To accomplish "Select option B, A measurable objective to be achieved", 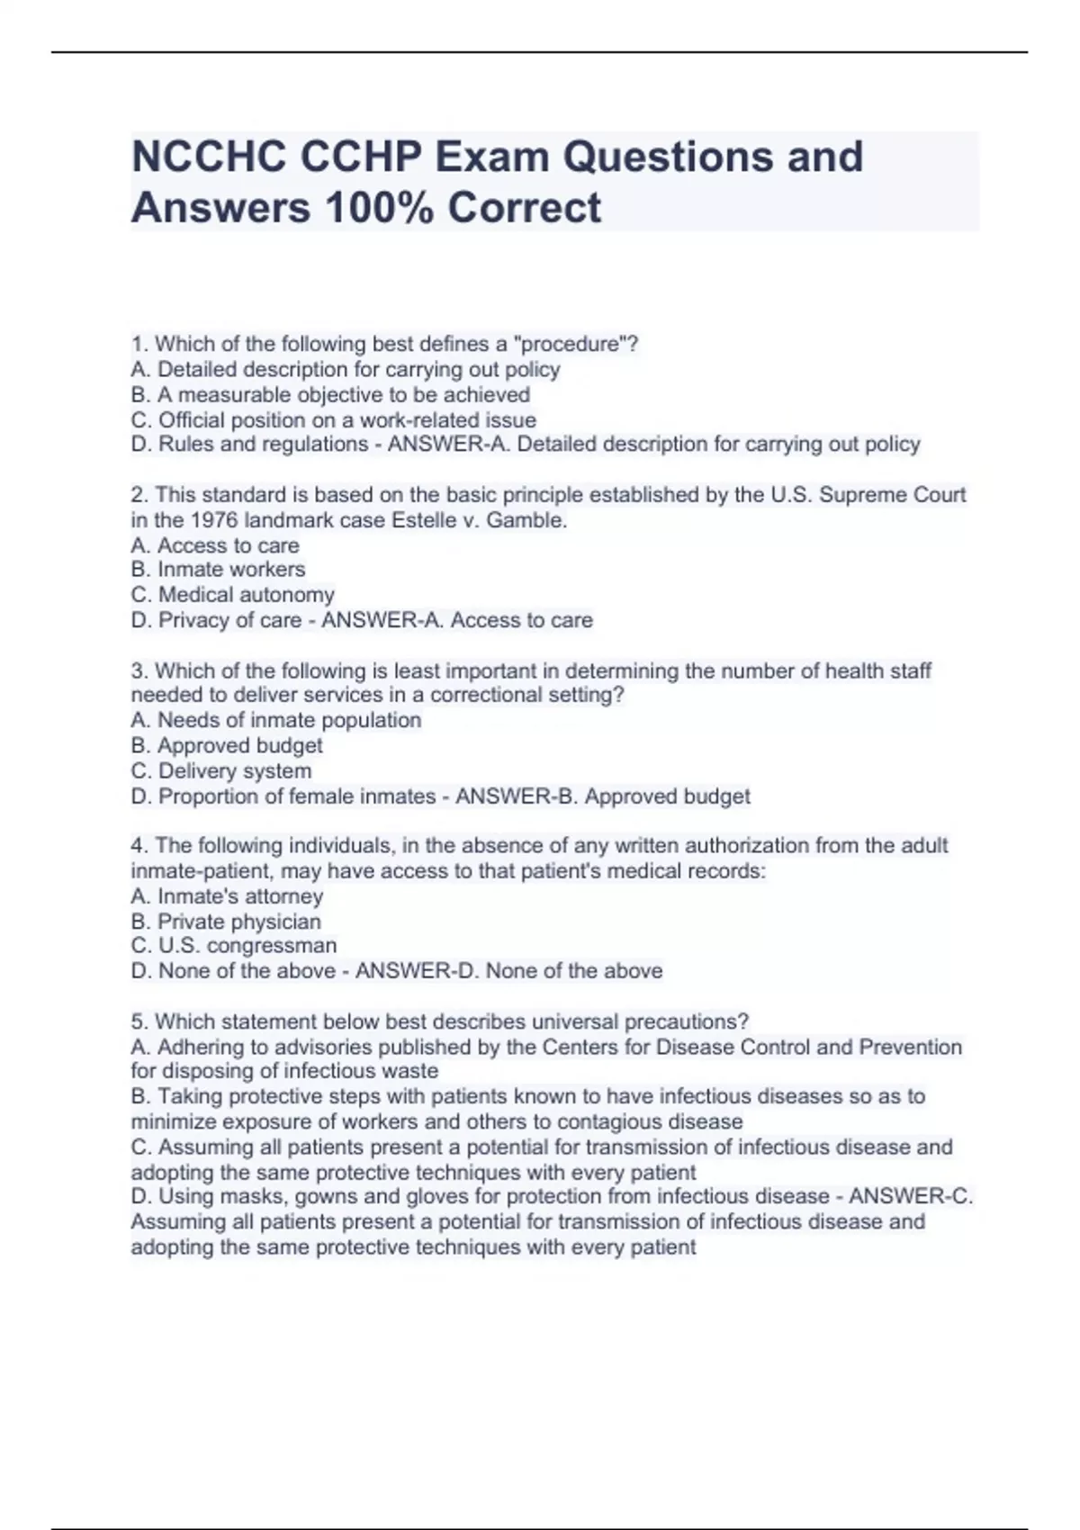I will pos(330,394).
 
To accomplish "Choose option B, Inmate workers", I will pos(218,570).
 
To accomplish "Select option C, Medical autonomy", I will pos(232,595).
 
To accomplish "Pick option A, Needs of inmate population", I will pos(275,720).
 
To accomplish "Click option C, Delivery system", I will pos(221,771).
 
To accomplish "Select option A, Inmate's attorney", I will pos(227,896).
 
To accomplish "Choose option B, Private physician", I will pos(226,922).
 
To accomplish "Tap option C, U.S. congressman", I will pos(234,946).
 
